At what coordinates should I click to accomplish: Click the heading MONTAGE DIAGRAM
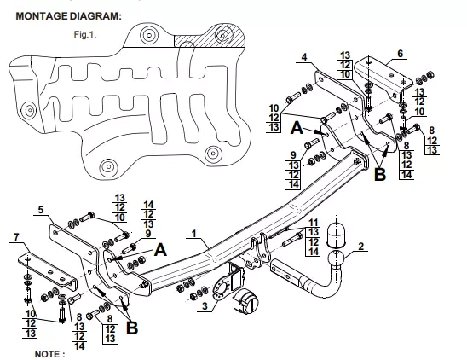coord(68,16)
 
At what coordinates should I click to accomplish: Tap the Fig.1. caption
coord(85,35)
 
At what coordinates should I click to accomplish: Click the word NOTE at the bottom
coord(49,354)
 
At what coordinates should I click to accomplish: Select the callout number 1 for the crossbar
coord(194,234)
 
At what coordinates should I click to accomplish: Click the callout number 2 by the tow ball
coord(361,247)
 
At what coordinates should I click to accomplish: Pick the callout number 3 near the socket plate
coord(205,306)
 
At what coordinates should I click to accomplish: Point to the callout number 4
coord(304,57)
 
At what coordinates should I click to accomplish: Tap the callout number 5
coord(41,210)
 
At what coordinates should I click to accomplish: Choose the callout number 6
coord(400,54)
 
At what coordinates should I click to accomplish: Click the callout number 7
coord(16,237)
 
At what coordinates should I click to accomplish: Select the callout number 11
coord(314,223)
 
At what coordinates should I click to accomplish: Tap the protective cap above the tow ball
coord(337,235)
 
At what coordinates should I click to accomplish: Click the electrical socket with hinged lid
coord(245,300)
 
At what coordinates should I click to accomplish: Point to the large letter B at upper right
coord(380,175)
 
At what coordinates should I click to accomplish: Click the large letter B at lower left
coord(132,328)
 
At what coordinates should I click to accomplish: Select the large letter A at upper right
coord(297,128)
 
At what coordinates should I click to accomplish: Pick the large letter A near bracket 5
coord(160,249)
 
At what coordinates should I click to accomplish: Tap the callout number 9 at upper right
coord(293,154)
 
